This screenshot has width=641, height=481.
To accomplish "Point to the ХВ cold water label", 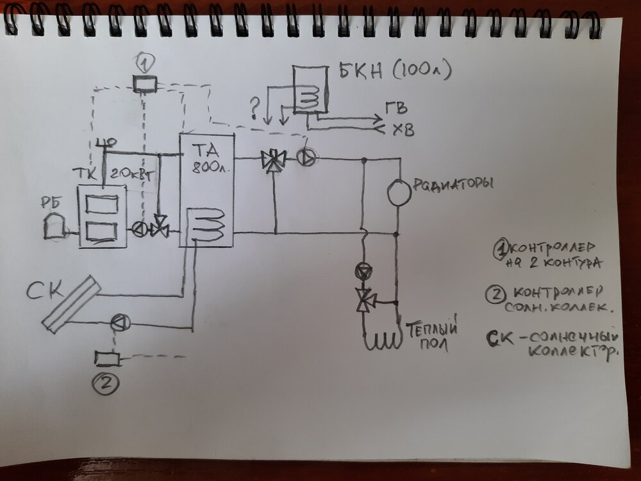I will pyautogui.click(x=403, y=130).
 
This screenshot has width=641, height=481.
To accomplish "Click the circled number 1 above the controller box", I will pyautogui.click(x=146, y=63).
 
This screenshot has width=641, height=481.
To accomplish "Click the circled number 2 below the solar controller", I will pyautogui.click(x=106, y=383).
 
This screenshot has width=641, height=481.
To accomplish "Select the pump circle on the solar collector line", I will pyautogui.click(x=119, y=323).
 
